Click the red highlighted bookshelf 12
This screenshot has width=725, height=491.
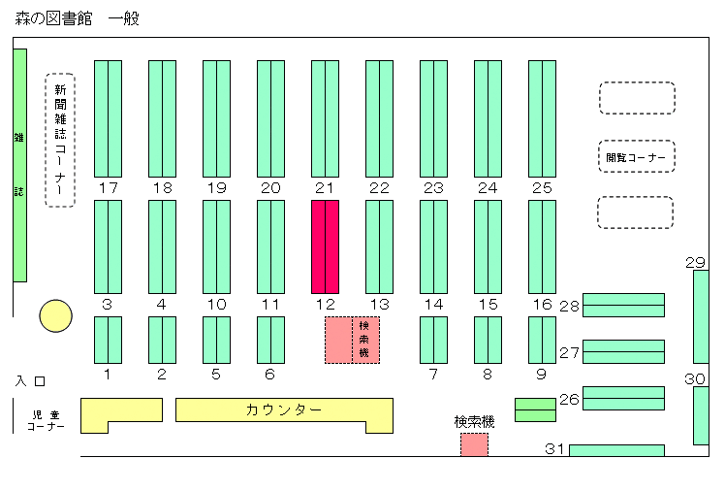(325, 246)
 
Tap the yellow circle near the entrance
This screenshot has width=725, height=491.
(55, 316)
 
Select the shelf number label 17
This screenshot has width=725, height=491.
(109, 188)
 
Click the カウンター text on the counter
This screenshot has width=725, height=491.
(283, 409)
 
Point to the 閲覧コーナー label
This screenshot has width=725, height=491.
(636, 158)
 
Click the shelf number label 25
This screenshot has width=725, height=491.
(542, 188)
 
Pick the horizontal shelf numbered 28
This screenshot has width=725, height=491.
(623, 305)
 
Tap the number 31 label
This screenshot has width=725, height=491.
(554, 449)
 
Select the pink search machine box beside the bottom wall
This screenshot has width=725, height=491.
(474, 444)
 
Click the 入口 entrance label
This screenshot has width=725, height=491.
(30, 381)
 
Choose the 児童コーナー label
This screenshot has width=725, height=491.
(46, 421)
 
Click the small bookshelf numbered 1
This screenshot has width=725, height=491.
(109, 341)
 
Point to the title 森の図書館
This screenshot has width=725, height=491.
(53, 18)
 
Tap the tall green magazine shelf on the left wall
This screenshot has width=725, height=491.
(20, 165)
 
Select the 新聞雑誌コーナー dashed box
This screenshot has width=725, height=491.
(60, 140)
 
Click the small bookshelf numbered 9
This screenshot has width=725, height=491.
(542, 341)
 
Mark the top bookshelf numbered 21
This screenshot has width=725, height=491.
(325, 118)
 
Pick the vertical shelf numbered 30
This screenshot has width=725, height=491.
(701, 415)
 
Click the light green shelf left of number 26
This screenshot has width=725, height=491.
(535, 410)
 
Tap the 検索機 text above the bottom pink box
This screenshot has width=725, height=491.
(474, 422)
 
